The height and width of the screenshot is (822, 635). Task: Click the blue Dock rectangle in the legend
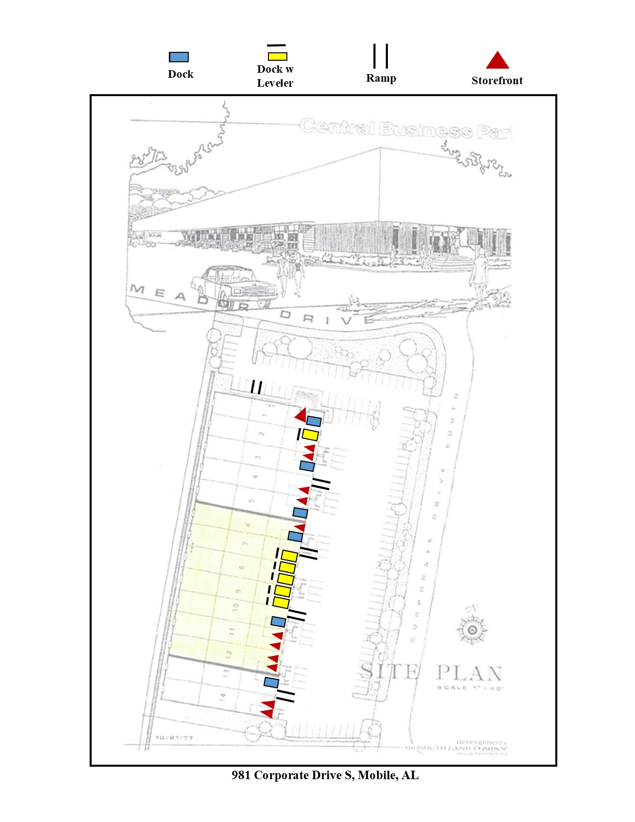click(x=179, y=57)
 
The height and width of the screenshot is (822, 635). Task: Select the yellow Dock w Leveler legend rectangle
click(x=277, y=57)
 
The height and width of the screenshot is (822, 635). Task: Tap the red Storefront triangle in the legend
click(x=497, y=61)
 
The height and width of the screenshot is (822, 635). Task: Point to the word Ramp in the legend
click(x=381, y=78)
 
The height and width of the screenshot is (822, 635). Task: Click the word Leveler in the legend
click(x=275, y=83)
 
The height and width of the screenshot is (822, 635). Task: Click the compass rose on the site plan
click(x=472, y=630)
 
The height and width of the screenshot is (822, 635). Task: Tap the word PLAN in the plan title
click(x=469, y=673)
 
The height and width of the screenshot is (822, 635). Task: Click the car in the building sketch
click(x=234, y=285)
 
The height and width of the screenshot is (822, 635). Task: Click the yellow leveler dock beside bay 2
click(x=310, y=435)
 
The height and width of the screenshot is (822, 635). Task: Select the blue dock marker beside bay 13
click(x=271, y=682)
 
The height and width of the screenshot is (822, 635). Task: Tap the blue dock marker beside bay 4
click(x=307, y=466)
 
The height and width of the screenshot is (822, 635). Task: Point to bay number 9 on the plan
click(x=238, y=591)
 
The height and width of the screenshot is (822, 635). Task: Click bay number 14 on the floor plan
click(x=223, y=696)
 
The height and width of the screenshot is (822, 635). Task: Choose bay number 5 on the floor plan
click(x=252, y=501)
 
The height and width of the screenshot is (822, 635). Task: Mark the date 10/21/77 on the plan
click(x=174, y=737)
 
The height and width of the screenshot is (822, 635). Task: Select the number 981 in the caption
click(x=241, y=775)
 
